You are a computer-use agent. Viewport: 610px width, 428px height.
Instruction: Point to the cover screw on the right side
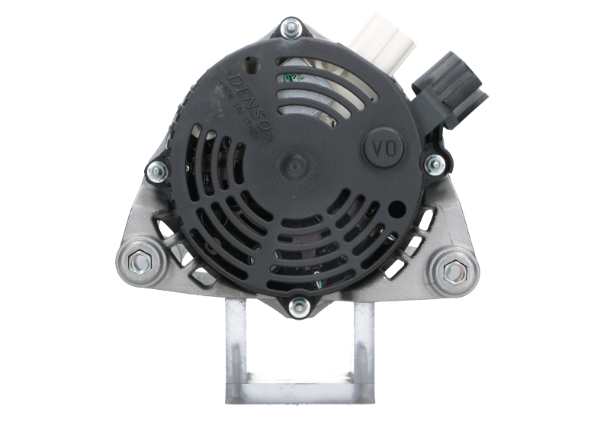coord(435,162)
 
